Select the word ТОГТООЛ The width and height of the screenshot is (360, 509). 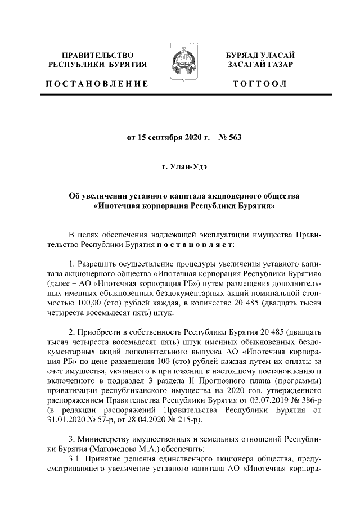261,84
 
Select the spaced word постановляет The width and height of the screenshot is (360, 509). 195,246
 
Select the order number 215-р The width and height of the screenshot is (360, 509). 181,421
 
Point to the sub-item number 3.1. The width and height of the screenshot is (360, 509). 75,459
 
